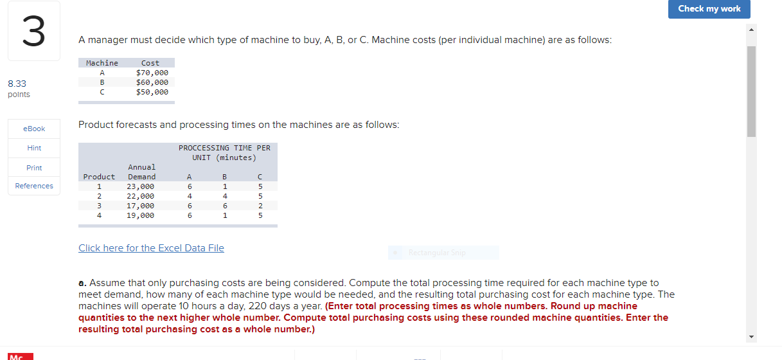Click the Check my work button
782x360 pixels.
[709, 9]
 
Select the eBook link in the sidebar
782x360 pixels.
[34, 129]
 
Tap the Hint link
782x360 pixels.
[34, 148]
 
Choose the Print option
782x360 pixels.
[34, 168]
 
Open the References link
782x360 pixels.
[34, 186]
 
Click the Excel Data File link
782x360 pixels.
[151, 248]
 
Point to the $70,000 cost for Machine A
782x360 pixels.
[152, 73]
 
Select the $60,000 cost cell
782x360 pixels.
[152, 82]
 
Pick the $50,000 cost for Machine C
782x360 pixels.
[152, 92]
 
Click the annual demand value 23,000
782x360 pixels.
[140, 186]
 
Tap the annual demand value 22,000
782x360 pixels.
[140, 196]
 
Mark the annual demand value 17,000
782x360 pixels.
[140, 206]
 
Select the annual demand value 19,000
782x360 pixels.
[140, 215]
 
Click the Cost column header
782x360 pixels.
[150, 63]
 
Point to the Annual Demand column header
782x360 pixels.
[142, 172]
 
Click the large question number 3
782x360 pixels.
[34, 32]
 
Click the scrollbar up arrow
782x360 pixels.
[752, 30]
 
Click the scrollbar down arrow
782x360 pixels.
[752, 337]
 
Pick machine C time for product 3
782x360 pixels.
[260, 206]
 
